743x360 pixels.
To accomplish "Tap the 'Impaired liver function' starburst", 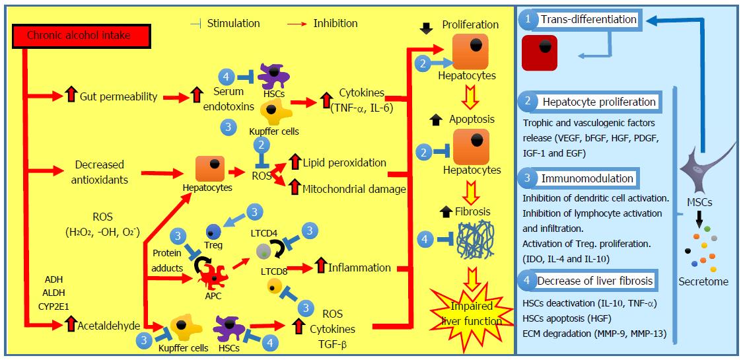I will [x=466, y=312].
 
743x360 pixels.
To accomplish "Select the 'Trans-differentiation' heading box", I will [x=588, y=20].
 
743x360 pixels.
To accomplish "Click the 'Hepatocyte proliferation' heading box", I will [x=598, y=102].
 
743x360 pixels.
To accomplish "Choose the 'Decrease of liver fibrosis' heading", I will [x=594, y=281].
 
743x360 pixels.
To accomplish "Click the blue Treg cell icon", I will [x=212, y=231].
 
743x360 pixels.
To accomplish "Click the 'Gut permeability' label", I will [x=119, y=97].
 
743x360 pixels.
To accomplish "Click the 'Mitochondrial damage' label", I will [x=353, y=190].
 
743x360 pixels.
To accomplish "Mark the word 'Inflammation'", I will [x=363, y=268].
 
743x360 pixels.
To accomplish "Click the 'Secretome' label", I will [x=703, y=282].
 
